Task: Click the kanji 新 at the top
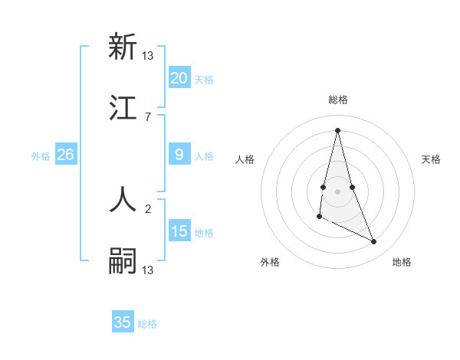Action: tap(123, 47)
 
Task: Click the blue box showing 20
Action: tap(179, 78)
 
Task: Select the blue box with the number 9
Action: tap(179, 155)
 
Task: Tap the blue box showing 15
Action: tap(179, 231)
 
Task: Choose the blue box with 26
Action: tap(65, 155)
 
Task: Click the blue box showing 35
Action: tap(123, 322)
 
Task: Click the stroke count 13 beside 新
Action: tap(148, 55)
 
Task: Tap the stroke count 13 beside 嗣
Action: tap(148, 270)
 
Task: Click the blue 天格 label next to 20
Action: tap(204, 80)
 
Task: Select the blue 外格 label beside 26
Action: tap(41, 156)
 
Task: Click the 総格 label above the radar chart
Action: tap(338, 100)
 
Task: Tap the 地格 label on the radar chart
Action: tap(402, 263)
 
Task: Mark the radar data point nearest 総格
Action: tap(338, 130)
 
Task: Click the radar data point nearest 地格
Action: tap(374, 242)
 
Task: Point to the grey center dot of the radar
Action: tap(338, 191)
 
